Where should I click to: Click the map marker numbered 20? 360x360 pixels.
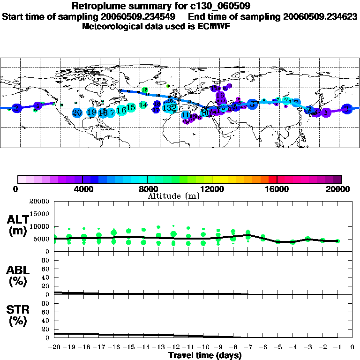pos(77,112)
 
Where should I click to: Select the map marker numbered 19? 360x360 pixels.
pos(91,112)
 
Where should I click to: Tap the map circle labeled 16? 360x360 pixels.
pos(121,110)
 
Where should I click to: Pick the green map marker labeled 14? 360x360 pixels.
pos(143,105)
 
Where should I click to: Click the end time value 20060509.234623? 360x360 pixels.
pos(320,16)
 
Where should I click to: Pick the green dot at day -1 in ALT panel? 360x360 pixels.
pos(337,241)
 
